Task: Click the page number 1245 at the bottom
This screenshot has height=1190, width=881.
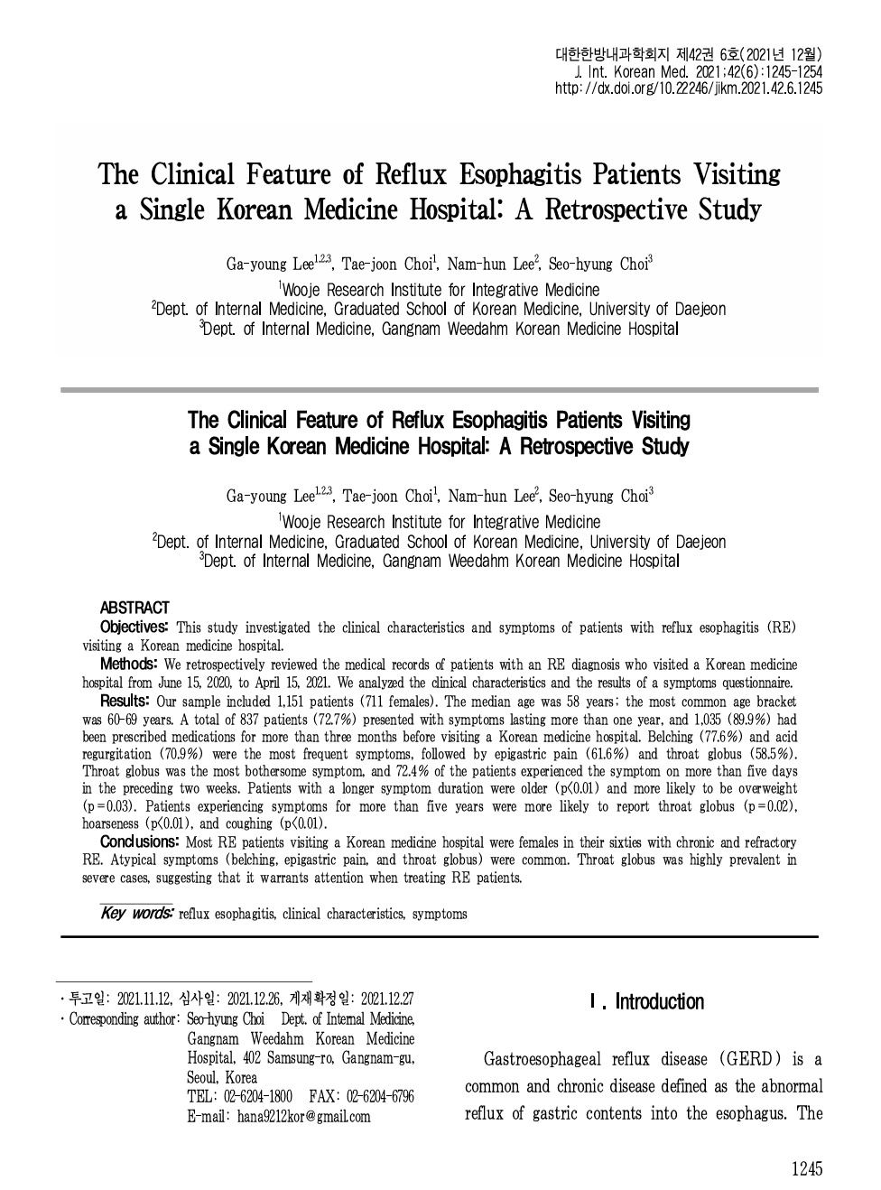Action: coord(807,1168)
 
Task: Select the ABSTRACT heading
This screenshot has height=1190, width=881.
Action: coord(134,608)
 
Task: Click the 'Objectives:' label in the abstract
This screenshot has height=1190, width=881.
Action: coord(134,627)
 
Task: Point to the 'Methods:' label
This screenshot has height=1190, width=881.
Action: coord(129,665)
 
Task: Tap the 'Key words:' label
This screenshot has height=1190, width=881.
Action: coord(137,913)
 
